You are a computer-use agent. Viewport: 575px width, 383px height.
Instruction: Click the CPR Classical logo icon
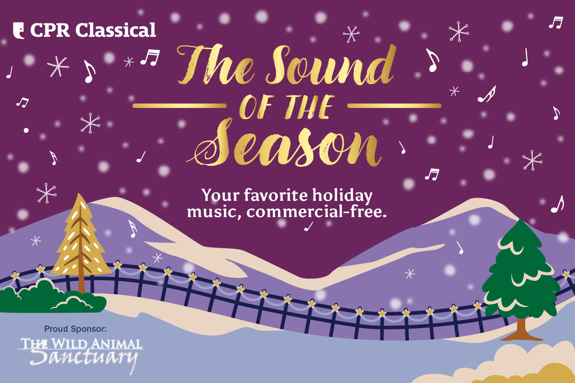pos(19,30)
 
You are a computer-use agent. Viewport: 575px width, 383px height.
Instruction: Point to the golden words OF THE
pos(286,106)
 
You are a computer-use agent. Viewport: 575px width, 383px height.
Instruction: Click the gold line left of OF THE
pos(179,105)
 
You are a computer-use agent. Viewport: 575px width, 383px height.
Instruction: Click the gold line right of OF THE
pos(394,105)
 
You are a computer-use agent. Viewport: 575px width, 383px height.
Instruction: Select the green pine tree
pos(521,273)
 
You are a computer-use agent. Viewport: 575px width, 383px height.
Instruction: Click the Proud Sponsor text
pos(75,329)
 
